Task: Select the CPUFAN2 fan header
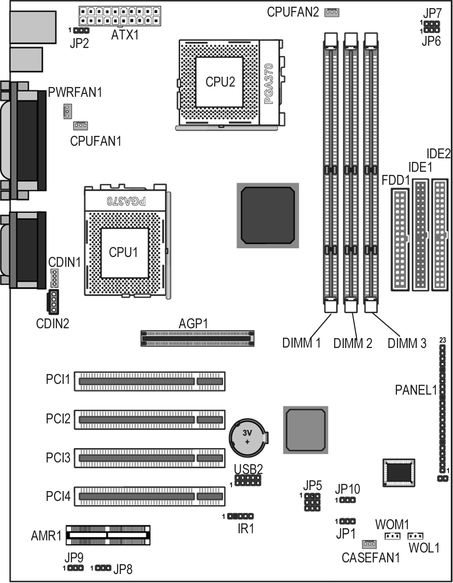[332, 13]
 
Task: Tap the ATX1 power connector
[120, 16]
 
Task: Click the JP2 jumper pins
[81, 30]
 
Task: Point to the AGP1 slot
[197, 338]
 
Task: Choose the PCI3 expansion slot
[150, 458]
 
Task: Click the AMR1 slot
[108, 535]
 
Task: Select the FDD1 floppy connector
[400, 239]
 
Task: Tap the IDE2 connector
[440, 235]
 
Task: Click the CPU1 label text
[123, 252]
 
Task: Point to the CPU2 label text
[220, 82]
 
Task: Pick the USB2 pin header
[248, 480]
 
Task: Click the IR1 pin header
[240, 516]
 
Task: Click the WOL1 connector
[415, 536]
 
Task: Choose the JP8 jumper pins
[103, 568]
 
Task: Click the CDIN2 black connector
[53, 302]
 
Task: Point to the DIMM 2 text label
[353, 344]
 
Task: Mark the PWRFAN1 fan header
[68, 111]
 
